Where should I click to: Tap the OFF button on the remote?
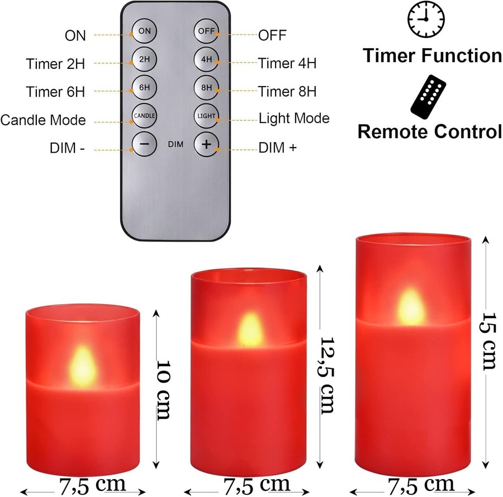206,31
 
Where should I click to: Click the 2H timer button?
144,59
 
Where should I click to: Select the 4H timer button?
206,59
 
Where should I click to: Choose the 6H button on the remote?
144,87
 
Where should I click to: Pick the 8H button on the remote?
206,87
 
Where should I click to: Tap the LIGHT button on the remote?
206,116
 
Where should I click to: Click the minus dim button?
144,144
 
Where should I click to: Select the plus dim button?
206,144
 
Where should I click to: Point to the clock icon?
426,19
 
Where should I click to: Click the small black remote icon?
428,97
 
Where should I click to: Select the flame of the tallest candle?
411,307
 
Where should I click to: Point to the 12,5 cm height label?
326,375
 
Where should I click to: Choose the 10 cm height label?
163,390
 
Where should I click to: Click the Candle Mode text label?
43,120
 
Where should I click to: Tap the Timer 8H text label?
287,92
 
